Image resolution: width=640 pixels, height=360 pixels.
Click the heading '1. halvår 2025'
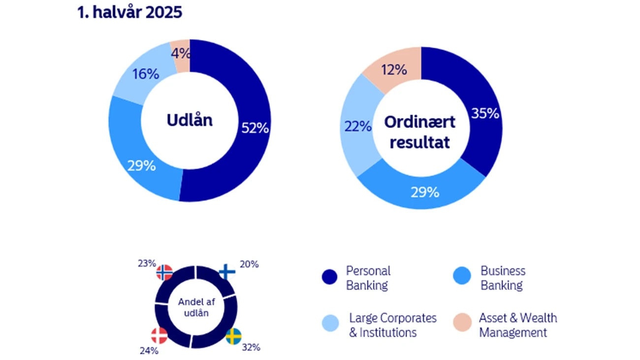click(x=129, y=12)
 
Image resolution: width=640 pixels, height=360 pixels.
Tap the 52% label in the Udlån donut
click(x=255, y=128)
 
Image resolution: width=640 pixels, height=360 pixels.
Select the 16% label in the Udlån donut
click(x=145, y=74)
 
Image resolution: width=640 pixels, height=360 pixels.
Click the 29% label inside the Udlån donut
click(x=142, y=165)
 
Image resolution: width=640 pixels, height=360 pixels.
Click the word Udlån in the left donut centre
click(x=190, y=120)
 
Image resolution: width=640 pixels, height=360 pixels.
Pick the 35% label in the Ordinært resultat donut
click(x=485, y=114)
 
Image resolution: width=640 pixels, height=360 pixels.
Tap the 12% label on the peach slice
click(x=393, y=70)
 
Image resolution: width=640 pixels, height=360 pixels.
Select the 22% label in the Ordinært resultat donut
click(x=357, y=127)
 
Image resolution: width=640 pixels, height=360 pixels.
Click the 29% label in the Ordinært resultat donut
click(x=424, y=192)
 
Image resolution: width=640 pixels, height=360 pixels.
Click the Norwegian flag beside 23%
click(x=164, y=272)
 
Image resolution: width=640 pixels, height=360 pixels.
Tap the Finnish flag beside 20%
click(x=226, y=272)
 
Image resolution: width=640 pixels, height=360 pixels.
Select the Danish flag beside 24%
click(x=159, y=336)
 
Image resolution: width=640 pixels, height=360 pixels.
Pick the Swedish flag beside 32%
click(x=233, y=336)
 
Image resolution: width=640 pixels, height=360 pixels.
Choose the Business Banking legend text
click(x=503, y=278)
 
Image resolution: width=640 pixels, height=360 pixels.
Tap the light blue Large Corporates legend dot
click(x=330, y=324)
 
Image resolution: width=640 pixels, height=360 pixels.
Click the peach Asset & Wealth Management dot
click(x=462, y=323)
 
